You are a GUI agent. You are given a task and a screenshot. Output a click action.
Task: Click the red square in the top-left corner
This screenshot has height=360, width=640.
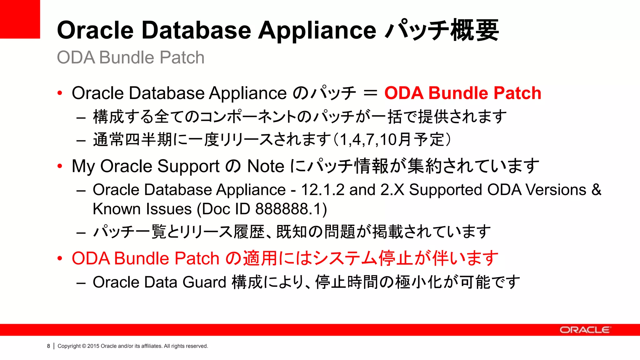pyautogui.click(x=20, y=19)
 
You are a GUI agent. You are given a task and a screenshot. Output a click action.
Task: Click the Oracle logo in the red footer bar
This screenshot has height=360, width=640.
pyautogui.click(x=585, y=330)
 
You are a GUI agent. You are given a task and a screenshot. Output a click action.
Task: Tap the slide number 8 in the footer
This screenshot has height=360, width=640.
pyautogui.click(x=48, y=346)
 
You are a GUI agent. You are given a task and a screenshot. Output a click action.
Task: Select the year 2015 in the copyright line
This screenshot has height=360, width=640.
pyautogui.click(x=93, y=346)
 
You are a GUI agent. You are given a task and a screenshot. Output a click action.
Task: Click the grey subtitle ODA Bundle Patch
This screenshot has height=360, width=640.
pyautogui.click(x=131, y=57)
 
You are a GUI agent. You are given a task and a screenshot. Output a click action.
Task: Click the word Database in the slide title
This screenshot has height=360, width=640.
pyautogui.click(x=196, y=30)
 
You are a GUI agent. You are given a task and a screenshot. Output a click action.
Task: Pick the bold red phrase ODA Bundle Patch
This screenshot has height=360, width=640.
pyautogui.click(x=462, y=93)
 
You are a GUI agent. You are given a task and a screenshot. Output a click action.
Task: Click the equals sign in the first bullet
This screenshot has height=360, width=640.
pyautogui.click(x=370, y=93)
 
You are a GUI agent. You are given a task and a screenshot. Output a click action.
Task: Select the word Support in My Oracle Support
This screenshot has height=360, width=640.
pyautogui.click(x=188, y=166)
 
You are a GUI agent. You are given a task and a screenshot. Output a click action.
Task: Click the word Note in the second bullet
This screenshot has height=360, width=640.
pyautogui.click(x=266, y=166)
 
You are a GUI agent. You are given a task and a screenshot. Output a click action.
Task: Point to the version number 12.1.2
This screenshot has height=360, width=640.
pyautogui.click(x=322, y=190)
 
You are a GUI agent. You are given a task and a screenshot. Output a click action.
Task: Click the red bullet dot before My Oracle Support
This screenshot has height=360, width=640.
pyautogui.click(x=60, y=166)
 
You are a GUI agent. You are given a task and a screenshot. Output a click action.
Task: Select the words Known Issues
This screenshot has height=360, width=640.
pyautogui.click(x=142, y=209)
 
